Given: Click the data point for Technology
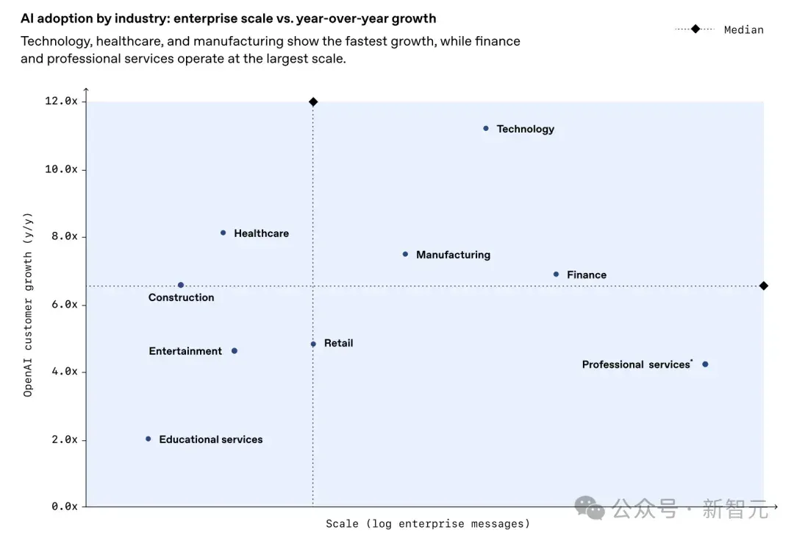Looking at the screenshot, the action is [x=486, y=128].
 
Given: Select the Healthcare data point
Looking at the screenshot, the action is [x=223, y=233].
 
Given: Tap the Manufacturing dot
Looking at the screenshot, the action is [x=405, y=254].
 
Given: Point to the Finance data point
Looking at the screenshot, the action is [x=556, y=275].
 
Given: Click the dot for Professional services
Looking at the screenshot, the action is [x=705, y=364].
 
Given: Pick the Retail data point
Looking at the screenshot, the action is [x=313, y=344].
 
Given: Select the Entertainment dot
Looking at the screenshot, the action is [x=235, y=351].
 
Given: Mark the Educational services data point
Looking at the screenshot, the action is [x=149, y=439].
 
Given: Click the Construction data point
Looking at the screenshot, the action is [x=181, y=285].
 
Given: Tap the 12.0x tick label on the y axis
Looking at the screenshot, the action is [x=61, y=101].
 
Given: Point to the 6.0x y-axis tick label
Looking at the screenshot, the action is [x=65, y=304].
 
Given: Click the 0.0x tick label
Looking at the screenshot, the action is [x=65, y=506].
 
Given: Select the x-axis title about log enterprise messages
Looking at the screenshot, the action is [x=428, y=523].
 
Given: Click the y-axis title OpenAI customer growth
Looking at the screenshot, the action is [x=28, y=305].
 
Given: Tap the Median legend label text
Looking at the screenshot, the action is [x=744, y=30].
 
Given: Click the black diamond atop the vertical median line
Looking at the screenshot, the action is [x=313, y=102].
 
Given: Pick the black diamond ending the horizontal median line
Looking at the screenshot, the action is [x=764, y=286].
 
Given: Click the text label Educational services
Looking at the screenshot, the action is [x=211, y=439].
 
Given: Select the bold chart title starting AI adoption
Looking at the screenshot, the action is [x=229, y=18].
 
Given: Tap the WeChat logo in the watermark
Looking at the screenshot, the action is [x=590, y=508].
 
